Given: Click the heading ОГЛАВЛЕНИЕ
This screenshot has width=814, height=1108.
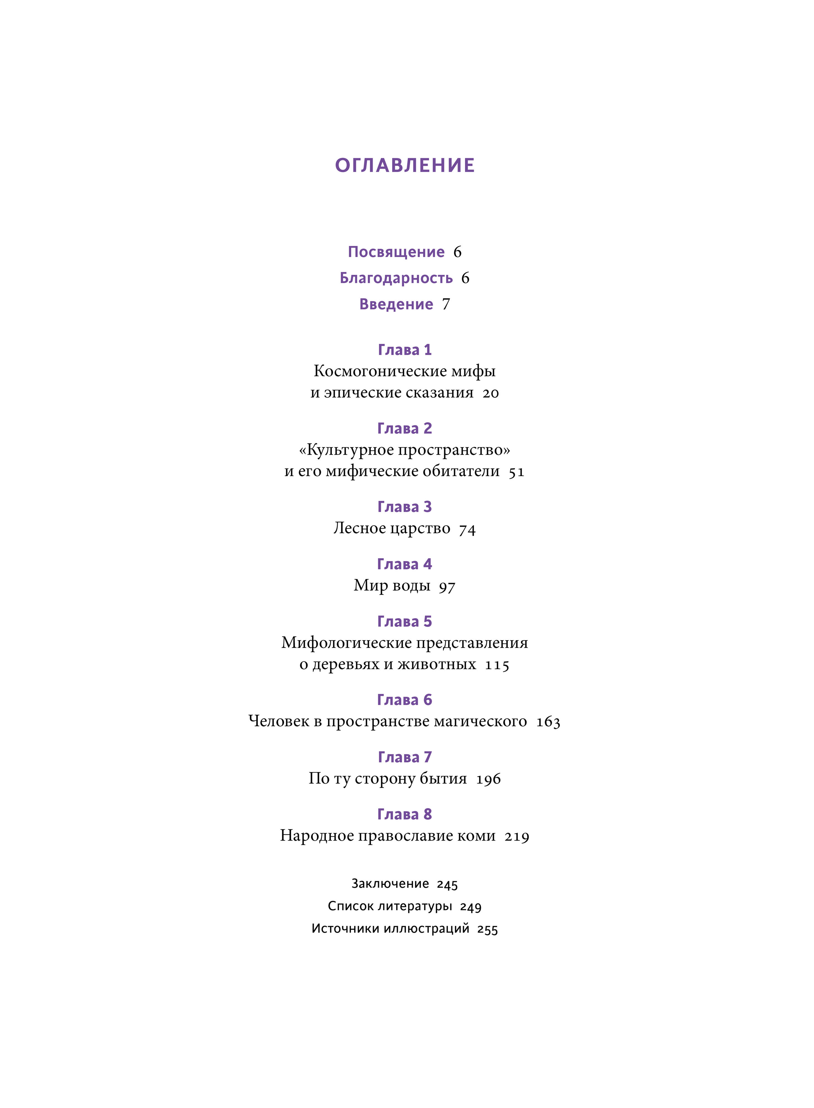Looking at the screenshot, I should pyautogui.click(x=405, y=166).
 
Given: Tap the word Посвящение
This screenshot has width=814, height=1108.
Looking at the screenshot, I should pyautogui.click(x=396, y=252).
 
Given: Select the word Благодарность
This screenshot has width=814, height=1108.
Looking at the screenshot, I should pyautogui.click(x=396, y=278).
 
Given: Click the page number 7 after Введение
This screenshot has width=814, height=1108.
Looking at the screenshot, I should pyautogui.click(x=446, y=304).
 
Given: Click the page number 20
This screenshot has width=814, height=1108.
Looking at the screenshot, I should pyautogui.click(x=491, y=393).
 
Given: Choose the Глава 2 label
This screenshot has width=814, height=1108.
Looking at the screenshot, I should pyautogui.click(x=405, y=428).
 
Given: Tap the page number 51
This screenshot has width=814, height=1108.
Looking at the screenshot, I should pyautogui.click(x=516, y=472).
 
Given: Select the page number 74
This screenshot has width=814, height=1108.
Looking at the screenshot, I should pyautogui.click(x=467, y=529).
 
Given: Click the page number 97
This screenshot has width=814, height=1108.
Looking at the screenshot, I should pyautogui.click(x=447, y=587).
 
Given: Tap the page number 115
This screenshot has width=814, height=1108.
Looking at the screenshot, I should pyautogui.click(x=497, y=665).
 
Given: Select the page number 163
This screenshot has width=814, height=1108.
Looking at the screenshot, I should pyautogui.click(x=548, y=722).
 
